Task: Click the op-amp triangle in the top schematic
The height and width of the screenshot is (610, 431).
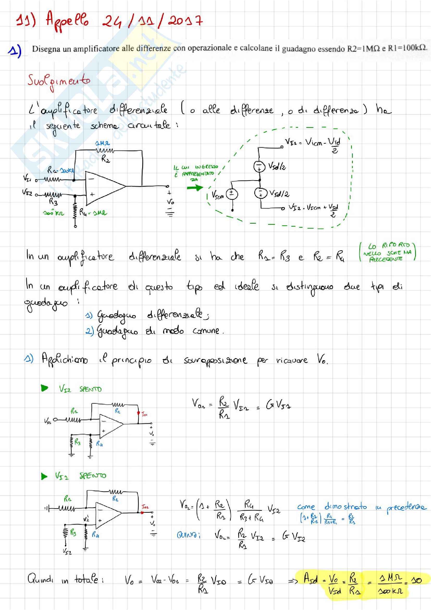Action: click(x=103, y=188)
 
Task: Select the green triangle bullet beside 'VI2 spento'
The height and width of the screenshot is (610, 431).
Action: click(x=45, y=388)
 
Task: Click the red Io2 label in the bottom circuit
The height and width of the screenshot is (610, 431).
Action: click(x=145, y=507)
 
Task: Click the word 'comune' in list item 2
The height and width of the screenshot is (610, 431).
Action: click(x=206, y=331)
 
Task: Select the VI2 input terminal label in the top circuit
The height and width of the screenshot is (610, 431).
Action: click(x=27, y=192)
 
